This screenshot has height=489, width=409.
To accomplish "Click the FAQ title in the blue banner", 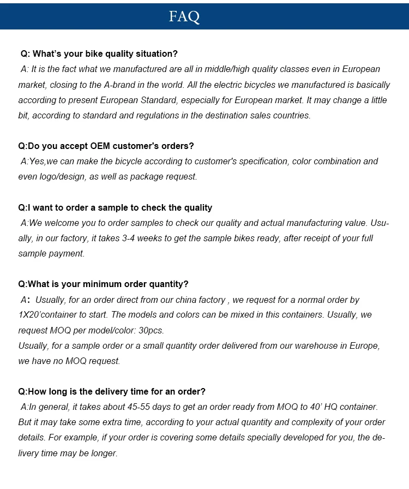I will (184, 16).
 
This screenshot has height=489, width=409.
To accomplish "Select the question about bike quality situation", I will (99, 54).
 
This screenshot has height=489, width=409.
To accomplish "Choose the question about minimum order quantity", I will (103, 284).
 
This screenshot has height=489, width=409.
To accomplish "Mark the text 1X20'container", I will (47, 315).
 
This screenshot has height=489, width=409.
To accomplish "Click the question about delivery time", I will (112, 392).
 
